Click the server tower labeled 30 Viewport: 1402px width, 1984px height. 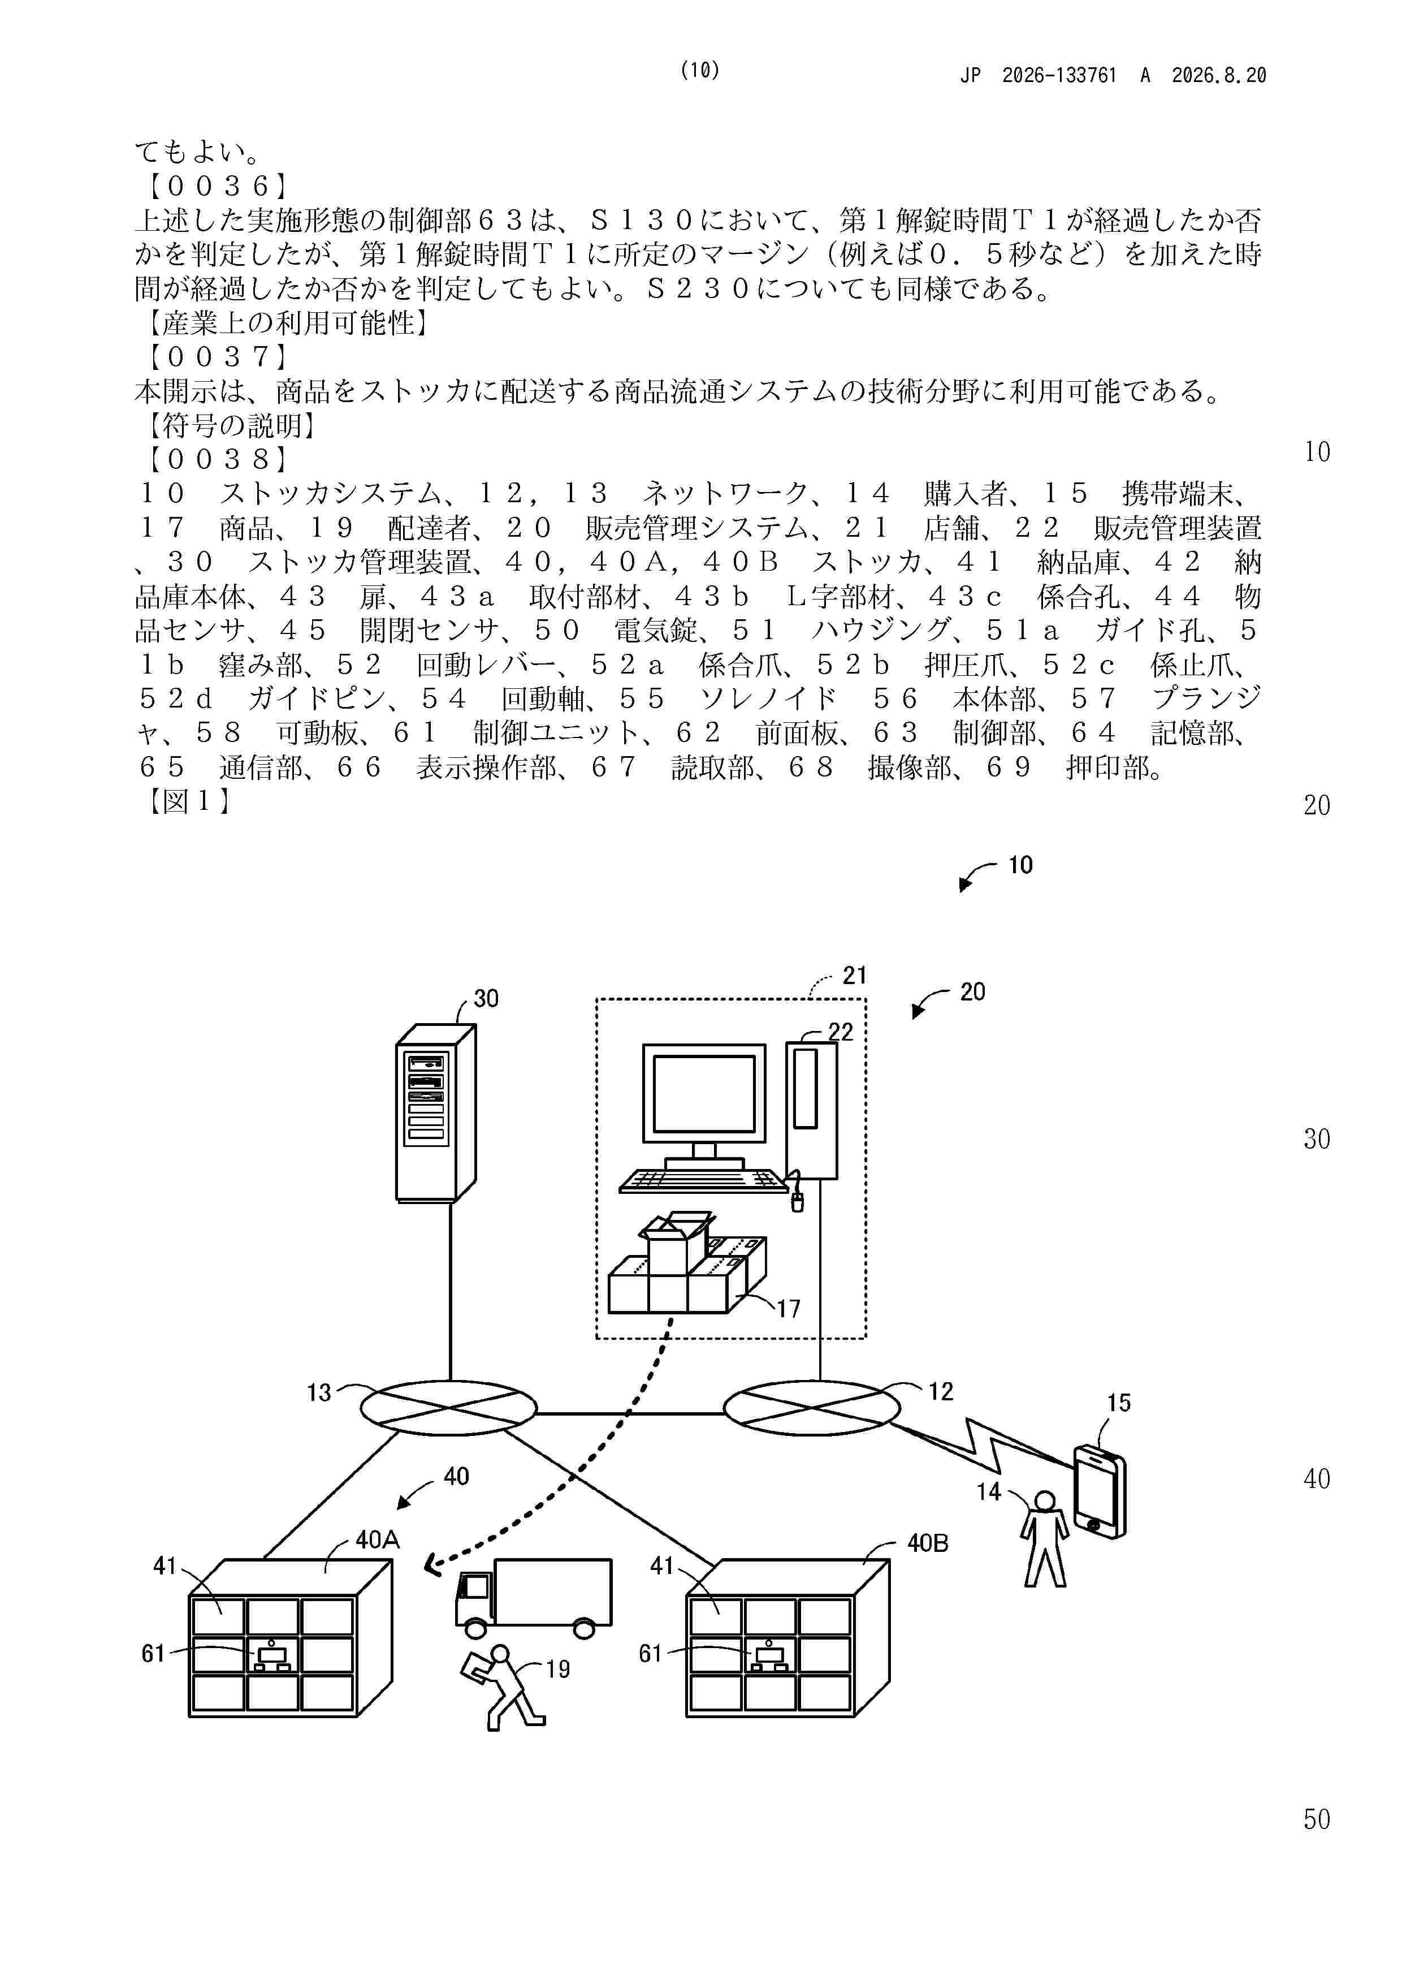[x=435, y=1113]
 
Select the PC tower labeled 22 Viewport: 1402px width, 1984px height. [x=811, y=1110]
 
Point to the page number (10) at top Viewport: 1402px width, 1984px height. [x=700, y=71]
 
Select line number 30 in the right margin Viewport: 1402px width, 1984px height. [x=1317, y=1139]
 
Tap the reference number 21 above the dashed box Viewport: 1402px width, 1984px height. [x=854, y=976]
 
